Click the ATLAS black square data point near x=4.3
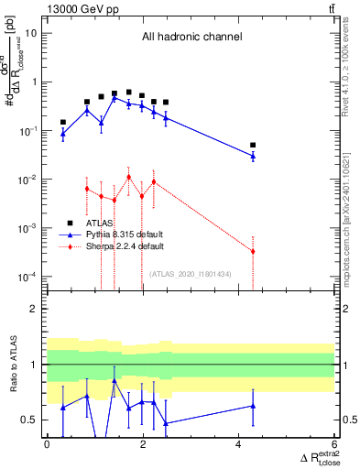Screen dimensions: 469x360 (x=253, y=145)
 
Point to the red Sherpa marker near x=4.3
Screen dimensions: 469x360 (x=253, y=251)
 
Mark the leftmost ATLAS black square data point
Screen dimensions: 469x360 (x=62, y=122)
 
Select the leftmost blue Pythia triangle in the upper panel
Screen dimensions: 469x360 (x=62, y=133)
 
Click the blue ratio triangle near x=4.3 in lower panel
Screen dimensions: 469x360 (x=253, y=406)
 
